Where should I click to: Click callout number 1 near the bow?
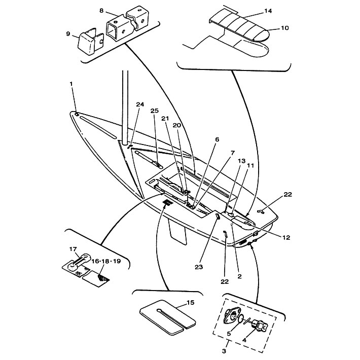71,84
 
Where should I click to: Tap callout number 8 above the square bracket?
101,11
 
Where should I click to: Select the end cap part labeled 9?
91,42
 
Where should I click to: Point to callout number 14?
268,11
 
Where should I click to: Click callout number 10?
284,28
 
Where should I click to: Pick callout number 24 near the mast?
140,104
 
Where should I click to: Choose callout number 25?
155,111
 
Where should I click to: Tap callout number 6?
217,139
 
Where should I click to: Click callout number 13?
242,161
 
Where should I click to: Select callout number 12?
286,237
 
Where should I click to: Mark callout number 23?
199,267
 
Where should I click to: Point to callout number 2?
240,276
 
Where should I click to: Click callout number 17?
73,249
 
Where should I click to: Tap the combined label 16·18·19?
106,261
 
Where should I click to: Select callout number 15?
191,302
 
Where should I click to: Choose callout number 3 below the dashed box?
224,351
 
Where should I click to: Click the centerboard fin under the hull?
177,231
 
